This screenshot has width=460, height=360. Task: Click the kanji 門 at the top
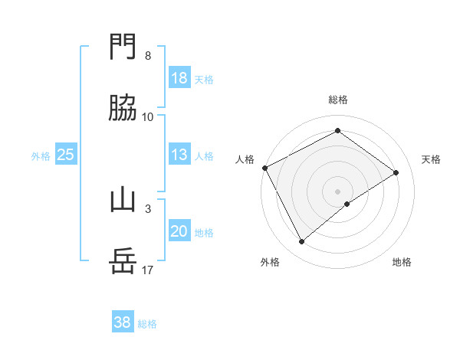point(123,48)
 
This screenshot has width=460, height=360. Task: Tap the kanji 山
point(123,201)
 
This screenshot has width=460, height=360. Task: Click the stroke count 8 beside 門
point(148,56)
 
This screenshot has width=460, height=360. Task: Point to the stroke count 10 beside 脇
point(148,116)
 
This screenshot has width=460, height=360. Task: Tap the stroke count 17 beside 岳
point(148,270)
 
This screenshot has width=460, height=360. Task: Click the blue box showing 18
point(179,78)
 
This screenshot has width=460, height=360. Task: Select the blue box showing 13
point(179,155)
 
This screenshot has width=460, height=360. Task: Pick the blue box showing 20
point(179,231)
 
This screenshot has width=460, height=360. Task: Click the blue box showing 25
point(66,155)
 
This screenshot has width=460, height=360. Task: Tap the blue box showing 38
point(123,322)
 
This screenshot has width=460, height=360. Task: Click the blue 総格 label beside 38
point(147,324)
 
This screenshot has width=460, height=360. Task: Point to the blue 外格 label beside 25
point(41,156)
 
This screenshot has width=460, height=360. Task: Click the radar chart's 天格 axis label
point(432,159)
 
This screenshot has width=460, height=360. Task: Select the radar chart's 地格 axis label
point(402,263)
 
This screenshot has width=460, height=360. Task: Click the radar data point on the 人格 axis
point(264,168)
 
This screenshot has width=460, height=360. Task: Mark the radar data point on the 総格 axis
point(337,131)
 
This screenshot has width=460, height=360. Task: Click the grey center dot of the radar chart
point(337,191)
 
